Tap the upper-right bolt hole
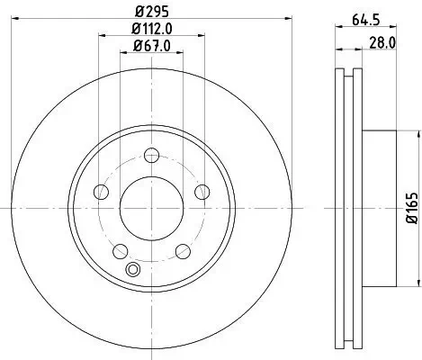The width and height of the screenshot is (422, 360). coord(200,191)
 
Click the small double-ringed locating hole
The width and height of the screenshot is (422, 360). coord(135,269)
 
